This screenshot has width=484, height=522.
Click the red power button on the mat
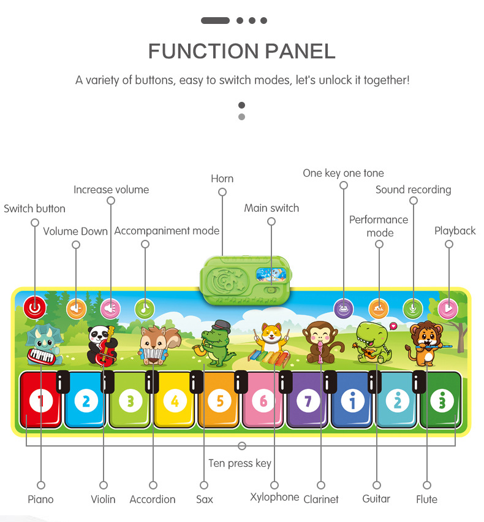34,308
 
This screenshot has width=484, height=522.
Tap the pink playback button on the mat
448,308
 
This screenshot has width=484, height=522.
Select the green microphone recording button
413,308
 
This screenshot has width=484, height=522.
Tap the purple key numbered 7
308,401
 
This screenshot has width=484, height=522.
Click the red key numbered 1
41,401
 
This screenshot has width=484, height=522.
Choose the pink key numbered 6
263,401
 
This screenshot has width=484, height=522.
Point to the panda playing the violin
100,345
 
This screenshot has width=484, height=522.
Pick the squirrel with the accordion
153,345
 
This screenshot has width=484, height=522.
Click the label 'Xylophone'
274,497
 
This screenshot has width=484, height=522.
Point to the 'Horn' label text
222,178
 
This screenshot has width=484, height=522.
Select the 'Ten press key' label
240,463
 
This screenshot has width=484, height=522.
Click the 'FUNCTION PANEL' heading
241,51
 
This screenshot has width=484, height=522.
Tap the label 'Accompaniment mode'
167,231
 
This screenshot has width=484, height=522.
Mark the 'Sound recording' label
413,190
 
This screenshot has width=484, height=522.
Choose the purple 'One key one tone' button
343,308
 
